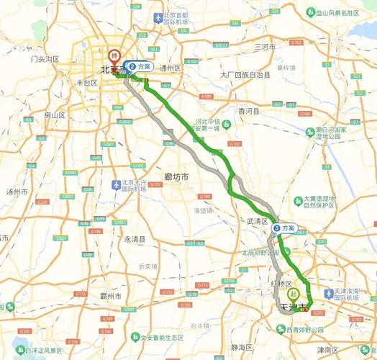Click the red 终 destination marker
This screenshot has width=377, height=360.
tap(113, 55)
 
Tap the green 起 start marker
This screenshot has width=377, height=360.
tap(293, 294)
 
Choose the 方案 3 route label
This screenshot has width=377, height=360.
tap(284, 228)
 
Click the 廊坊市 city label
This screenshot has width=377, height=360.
tap(176, 177)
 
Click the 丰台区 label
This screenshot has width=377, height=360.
tap(86, 83)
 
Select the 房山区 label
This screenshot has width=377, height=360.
tap(55, 115)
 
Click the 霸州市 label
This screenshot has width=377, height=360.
tap(112, 296)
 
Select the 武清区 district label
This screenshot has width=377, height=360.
tap(257, 221)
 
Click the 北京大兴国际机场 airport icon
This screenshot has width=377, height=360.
tap(116, 185)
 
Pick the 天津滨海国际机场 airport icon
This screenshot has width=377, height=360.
tap(330, 294)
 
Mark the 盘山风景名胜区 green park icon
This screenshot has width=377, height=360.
tap(309, 12)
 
